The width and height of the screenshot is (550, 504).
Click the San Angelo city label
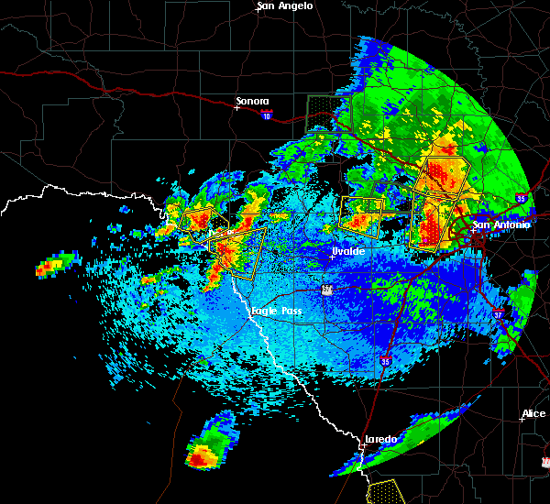284,5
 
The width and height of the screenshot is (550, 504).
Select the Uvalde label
347,251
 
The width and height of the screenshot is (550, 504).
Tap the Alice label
533,413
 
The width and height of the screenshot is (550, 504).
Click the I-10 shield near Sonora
266,115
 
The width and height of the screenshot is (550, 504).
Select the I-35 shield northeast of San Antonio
521,198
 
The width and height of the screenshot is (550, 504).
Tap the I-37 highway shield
499,313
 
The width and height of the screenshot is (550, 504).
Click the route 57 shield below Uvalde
327,290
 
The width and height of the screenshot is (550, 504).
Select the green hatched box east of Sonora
322,112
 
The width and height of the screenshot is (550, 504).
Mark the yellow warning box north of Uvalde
361,214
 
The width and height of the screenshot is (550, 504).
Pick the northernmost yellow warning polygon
442,175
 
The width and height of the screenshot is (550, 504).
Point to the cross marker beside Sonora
237,108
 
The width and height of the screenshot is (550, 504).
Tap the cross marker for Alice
521,421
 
